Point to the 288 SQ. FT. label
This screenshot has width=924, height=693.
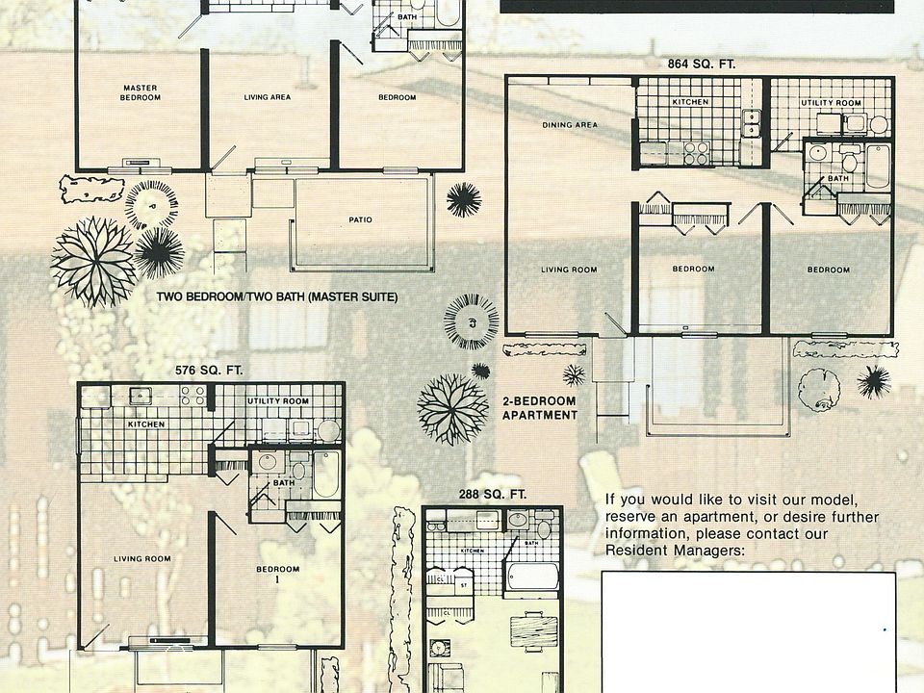[492, 495]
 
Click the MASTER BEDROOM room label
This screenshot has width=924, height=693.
[140, 92]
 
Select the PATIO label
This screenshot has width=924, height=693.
[360, 219]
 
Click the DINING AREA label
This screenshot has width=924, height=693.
[570, 125]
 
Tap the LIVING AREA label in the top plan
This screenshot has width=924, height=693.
[268, 97]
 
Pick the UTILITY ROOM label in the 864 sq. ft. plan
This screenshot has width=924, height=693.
[831, 102]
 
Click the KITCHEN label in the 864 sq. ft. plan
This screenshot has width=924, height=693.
[690, 102]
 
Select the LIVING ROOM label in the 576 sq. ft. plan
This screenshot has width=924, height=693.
[142, 559]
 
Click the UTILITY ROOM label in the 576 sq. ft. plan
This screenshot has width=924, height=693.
[277, 400]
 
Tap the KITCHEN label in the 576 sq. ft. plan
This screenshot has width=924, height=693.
[146, 423]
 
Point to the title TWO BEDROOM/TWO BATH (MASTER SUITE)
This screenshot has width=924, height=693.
[277, 297]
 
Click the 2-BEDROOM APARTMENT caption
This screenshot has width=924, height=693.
[540, 408]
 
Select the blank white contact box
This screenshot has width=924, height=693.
[748, 630]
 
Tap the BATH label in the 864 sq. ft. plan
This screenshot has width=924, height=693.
[839, 178]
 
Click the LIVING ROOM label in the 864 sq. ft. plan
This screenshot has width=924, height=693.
[569, 269]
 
